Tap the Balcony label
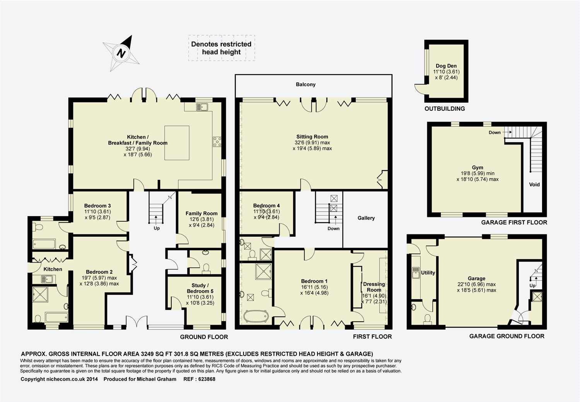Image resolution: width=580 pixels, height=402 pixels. (x=305, y=84)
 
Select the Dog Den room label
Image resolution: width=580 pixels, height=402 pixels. (x=446, y=66)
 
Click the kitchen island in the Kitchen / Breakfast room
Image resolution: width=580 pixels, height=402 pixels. (x=177, y=143)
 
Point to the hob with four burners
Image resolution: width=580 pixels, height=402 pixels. (x=217, y=142)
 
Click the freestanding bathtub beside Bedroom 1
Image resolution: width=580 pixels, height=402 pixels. (x=256, y=316)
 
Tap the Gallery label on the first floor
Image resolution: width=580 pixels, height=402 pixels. (x=366, y=218)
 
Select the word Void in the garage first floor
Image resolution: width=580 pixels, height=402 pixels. (x=534, y=184)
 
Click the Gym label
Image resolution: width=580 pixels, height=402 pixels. (x=478, y=167)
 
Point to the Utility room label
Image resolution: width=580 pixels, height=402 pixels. (x=428, y=273)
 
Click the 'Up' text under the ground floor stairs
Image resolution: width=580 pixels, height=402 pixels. (x=157, y=228)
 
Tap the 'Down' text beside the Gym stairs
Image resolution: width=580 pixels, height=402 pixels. (x=495, y=132)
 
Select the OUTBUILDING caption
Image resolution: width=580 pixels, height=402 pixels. (x=445, y=109)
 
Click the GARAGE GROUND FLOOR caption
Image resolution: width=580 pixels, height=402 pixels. (x=507, y=336)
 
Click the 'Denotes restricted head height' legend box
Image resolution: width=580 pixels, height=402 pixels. (x=222, y=48)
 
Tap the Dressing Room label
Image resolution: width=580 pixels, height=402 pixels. (x=374, y=287)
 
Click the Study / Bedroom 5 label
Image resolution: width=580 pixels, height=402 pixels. (x=200, y=288)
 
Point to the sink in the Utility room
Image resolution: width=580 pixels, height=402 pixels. (x=416, y=273)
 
